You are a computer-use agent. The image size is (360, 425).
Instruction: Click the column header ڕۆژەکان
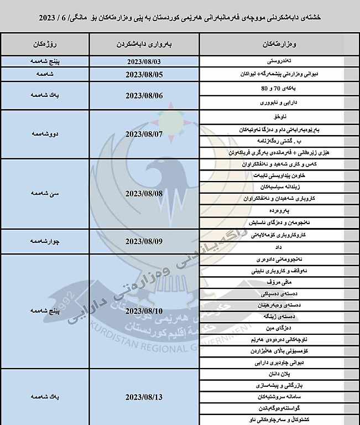[x=45, y=43]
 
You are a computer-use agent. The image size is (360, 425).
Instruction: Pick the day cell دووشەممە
[x=45, y=134]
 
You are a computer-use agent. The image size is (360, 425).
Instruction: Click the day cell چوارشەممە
[x=45, y=241]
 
